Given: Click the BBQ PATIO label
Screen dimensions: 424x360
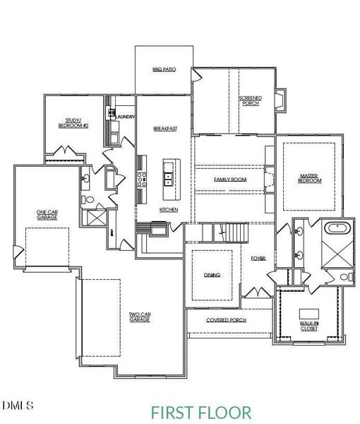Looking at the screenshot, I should click(163, 70).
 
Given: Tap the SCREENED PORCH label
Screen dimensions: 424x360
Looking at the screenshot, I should click(249, 100).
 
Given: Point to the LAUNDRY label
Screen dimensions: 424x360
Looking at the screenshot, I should click(125, 115).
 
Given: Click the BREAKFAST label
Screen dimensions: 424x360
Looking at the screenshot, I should click(164, 129).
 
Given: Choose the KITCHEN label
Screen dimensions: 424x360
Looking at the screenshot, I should click(169, 210).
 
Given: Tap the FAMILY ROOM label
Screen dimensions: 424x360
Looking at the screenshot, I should click(230, 179).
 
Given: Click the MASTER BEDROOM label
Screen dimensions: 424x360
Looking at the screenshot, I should click(310, 178).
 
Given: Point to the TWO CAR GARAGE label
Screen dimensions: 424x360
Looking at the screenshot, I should click(139, 317).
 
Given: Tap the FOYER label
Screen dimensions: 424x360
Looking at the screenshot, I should click(258, 259).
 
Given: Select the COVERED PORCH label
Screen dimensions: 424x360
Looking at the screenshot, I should click(226, 319).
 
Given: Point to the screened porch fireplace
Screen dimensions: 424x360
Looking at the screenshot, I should click(281, 100).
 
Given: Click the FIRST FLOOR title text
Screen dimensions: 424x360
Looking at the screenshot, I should click(200, 411).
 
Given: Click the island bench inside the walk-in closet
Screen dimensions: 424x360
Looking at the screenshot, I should click(309, 313).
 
